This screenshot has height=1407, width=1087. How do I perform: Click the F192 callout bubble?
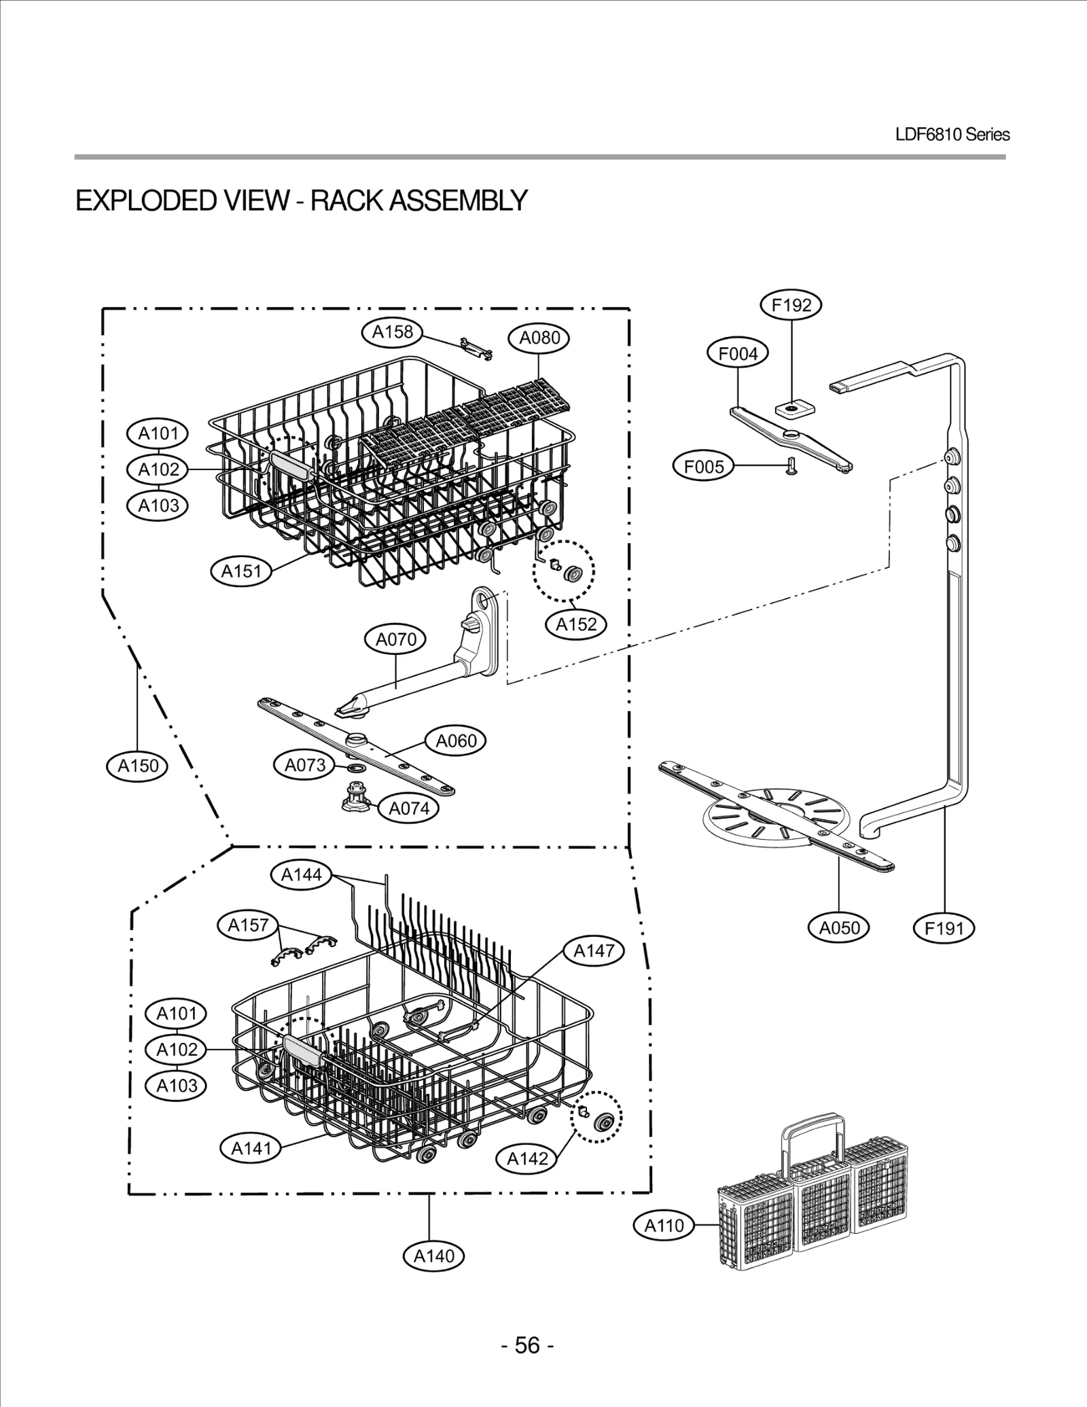(x=791, y=305)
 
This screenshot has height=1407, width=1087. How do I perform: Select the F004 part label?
(x=738, y=354)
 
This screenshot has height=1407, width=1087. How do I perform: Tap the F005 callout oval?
(x=703, y=467)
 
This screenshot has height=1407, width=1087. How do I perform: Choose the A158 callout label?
(x=392, y=332)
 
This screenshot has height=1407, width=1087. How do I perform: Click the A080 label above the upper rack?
(x=539, y=338)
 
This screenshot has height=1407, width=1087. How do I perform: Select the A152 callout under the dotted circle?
(x=576, y=624)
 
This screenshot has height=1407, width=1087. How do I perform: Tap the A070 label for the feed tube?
(x=395, y=639)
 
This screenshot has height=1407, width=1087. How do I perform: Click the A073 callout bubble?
(x=304, y=765)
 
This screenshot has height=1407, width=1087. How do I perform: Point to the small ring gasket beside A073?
(x=355, y=768)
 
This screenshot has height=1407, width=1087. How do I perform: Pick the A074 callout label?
(x=408, y=808)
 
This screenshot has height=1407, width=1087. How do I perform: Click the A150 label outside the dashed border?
(x=138, y=766)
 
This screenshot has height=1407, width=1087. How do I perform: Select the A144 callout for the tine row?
(x=301, y=874)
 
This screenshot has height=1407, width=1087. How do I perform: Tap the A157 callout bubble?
(x=248, y=925)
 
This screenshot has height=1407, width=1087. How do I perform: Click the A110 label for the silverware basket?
(x=664, y=1226)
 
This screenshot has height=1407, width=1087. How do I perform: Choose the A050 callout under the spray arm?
(x=839, y=928)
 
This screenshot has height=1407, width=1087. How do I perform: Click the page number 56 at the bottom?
(x=527, y=1345)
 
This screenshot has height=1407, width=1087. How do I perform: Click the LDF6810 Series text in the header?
(x=952, y=135)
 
